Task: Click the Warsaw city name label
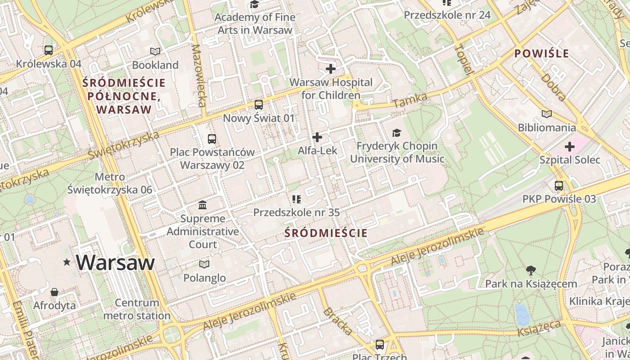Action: [115, 262]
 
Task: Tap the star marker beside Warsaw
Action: [67, 262]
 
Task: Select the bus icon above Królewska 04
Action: [49, 50]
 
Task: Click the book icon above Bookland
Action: [155, 52]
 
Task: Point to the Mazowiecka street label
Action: [198, 75]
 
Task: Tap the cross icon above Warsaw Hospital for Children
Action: [331, 69]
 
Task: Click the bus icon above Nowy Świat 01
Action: [259, 105]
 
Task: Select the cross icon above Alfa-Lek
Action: [317, 137]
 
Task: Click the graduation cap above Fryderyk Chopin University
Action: [396, 133]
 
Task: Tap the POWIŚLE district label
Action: [542, 54]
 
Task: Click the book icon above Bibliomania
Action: [547, 114]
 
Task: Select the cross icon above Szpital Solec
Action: [570, 147]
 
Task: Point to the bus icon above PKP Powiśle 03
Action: [559, 185]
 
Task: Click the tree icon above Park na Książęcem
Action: [531, 270]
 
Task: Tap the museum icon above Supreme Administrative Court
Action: [202, 205]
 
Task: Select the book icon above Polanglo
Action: [204, 264]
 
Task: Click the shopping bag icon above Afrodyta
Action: [54, 292]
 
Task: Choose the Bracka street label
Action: [338, 321]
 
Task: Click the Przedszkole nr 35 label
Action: [296, 212]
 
